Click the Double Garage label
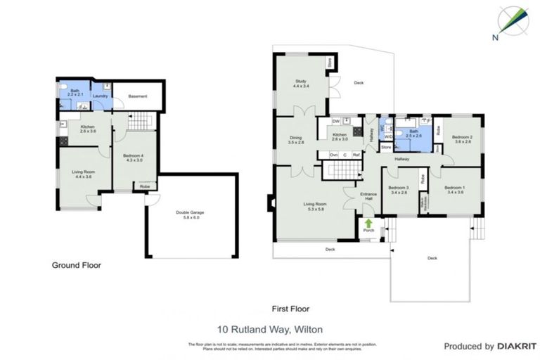tap(187, 215)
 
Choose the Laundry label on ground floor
tap(100, 96)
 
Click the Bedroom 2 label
tap(462, 139)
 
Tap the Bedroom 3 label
tap(398, 189)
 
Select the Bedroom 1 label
tap(454, 189)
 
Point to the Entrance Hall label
tap(368, 196)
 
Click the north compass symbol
tap(512, 21)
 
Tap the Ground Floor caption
tap(77, 266)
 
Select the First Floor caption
tap(290, 309)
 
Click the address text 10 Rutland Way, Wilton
tap(269, 328)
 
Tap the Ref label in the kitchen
tap(356, 155)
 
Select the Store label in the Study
tap(329, 63)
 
